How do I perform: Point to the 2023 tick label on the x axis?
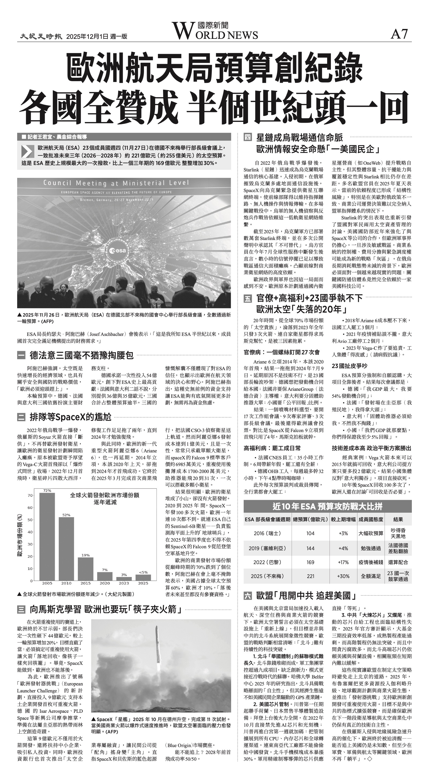point(124,583)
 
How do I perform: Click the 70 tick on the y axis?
point(30,495)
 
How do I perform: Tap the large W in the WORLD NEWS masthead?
point(181,31)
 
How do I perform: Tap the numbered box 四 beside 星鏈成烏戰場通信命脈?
point(248,137)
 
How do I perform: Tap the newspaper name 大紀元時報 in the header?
point(41,36)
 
